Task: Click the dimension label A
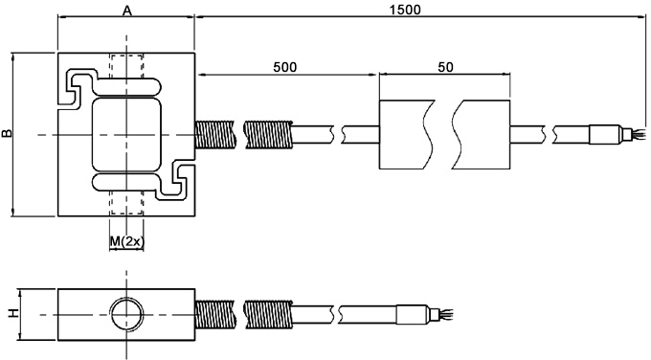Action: tap(127, 11)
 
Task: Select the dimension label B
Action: tap(7, 133)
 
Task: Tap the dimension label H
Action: tap(13, 313)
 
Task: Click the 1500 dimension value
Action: tap(405, 10)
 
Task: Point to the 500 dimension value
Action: tap(285, 67)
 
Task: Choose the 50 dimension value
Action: tap(445, 67)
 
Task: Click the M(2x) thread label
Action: tap(127, 241)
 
